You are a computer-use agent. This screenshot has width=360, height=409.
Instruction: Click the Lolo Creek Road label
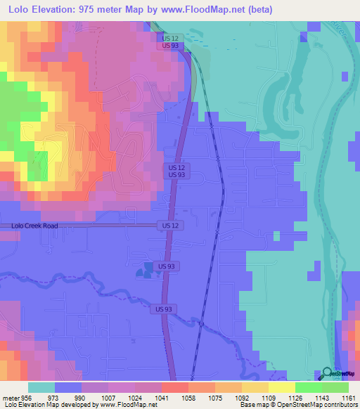click(34, 226)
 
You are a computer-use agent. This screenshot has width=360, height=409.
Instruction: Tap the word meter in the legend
click(12, 397)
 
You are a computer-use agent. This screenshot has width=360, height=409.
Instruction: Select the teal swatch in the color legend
click(41, 387)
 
